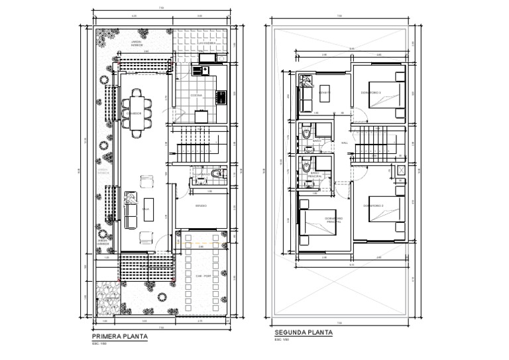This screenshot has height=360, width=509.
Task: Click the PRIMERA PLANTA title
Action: click(x=119, y=337)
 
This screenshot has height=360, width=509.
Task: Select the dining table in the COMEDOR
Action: click(x=136, y=113)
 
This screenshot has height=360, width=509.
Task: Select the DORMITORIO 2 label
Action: click(x=372, y=206)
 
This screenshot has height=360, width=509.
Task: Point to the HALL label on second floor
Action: click(x=344, y=143)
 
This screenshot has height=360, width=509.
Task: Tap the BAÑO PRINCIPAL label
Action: click(x=317, y=174)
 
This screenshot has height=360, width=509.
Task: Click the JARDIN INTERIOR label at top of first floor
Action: click(x=138, y=44)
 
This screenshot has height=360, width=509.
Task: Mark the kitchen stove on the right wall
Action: click(x=223, y=97)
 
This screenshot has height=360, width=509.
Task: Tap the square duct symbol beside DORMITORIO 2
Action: click(x=401, y=169)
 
